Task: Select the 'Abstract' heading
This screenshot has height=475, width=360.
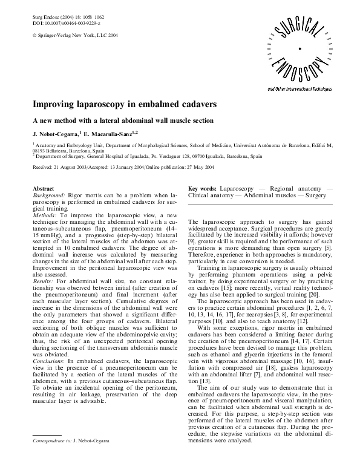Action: pos(43,189)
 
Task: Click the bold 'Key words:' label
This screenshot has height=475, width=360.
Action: pos(203,189)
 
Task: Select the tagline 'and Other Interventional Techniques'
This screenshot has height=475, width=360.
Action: pos(300,89)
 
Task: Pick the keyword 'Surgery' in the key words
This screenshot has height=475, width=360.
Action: pos(316,196)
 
